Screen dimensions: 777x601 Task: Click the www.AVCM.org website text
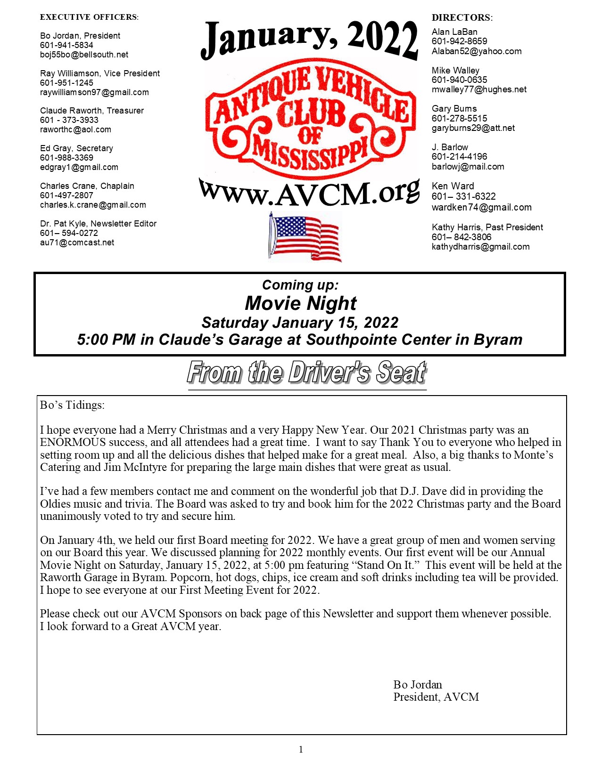click(309, 193)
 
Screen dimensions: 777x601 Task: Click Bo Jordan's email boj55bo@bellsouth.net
click(84, 55)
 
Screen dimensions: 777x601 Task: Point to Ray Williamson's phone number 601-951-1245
click(66, 83)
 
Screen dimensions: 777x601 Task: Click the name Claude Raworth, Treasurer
click(92, 111)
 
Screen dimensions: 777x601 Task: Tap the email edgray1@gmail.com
click(79, 167)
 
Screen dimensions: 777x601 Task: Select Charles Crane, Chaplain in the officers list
click(87, 186)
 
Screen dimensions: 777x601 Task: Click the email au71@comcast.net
click(77, 243)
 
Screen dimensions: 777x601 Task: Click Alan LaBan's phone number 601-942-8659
click(459, 41)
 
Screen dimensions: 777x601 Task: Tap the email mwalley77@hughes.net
click(479, 89)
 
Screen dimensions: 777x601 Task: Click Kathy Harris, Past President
click(487, 227)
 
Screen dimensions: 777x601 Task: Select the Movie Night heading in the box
click(301, 303)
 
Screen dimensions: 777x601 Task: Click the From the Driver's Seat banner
click(307, 373)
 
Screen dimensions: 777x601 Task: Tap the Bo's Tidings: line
click(72, 405)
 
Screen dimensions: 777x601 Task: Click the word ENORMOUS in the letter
click(73, 442)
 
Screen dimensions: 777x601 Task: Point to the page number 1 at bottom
click(301, 749)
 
